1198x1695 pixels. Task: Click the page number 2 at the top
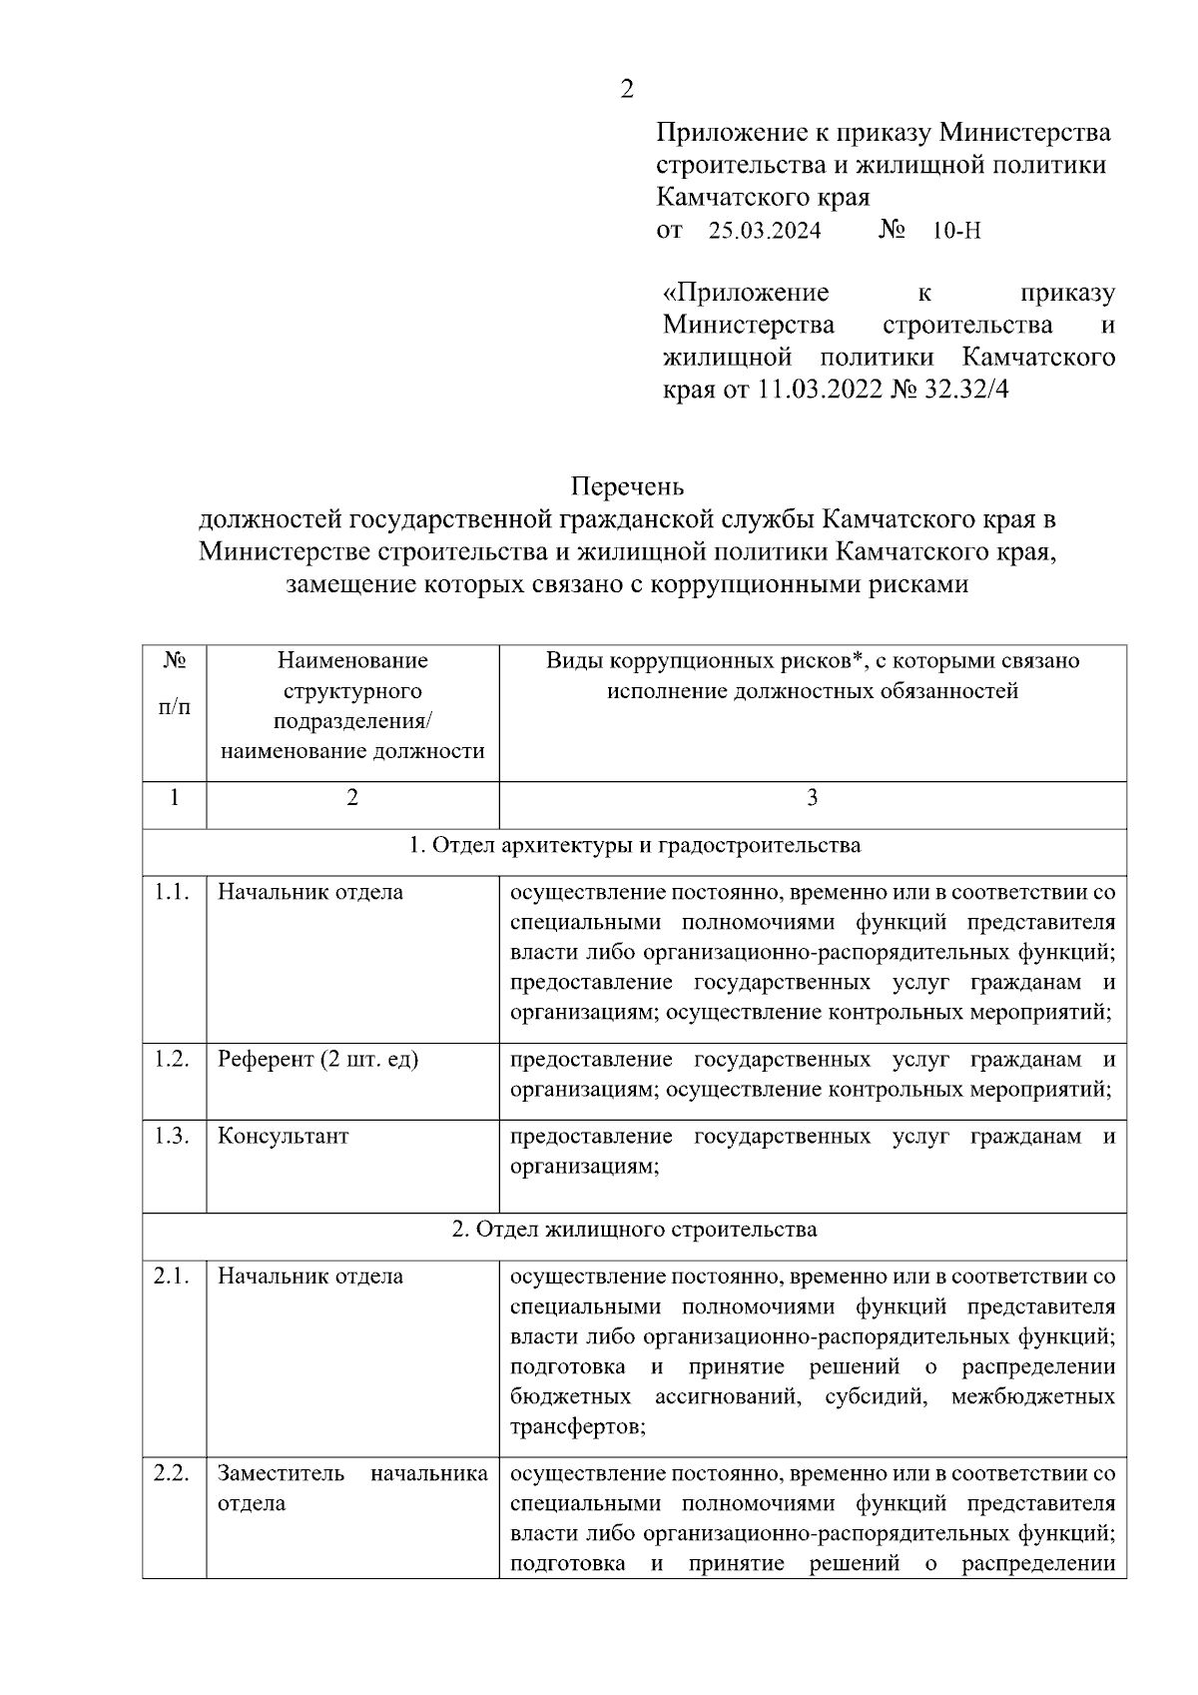626,90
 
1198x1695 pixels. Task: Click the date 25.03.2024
765,232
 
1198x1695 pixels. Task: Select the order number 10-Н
956,232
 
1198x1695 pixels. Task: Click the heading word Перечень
627,486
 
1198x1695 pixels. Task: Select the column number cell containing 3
812,798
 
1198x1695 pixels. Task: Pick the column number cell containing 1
175,798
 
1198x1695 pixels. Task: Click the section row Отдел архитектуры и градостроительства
635,846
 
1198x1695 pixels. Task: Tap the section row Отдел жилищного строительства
635,1230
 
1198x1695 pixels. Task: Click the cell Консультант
284,1137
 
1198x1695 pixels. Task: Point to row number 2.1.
173,1276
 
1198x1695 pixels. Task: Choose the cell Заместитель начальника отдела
352,1488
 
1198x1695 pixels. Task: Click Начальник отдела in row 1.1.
310,893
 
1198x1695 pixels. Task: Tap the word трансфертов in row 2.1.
577,1426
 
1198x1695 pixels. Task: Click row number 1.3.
173,1137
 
